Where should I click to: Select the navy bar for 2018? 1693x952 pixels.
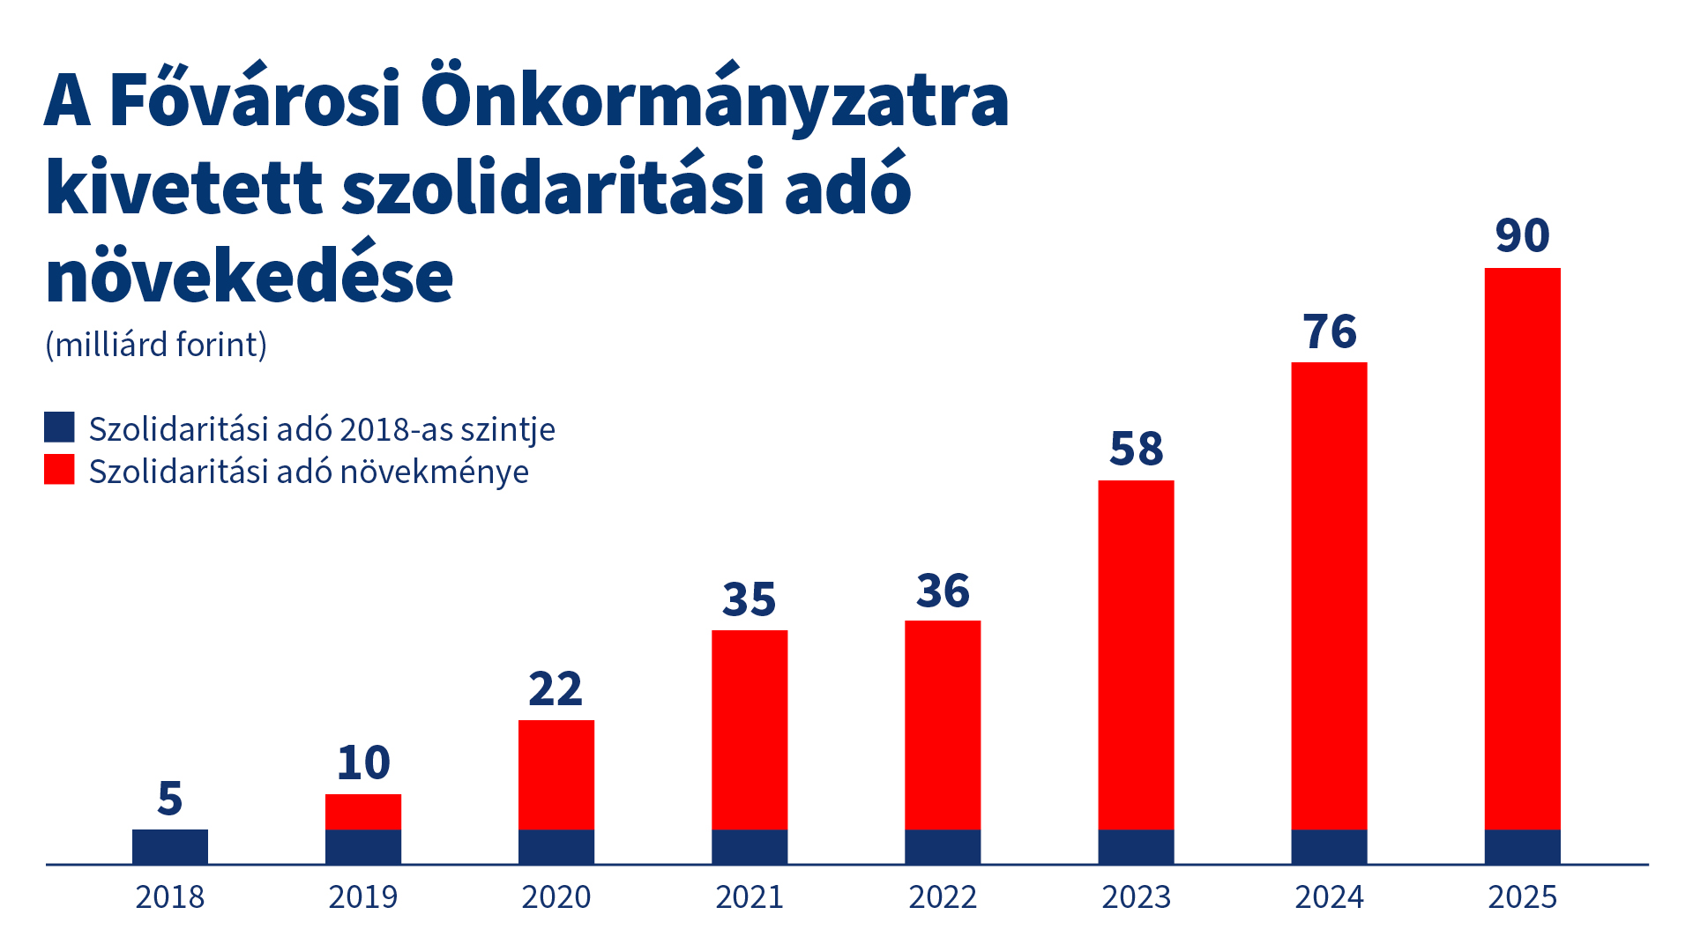click(170, 846)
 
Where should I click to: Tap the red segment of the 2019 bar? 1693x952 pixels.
click(363, 812)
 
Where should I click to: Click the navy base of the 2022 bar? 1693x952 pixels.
click(943, 846)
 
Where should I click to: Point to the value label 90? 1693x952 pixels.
click(1522, 235)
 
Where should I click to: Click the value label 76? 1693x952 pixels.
click(1330, 332)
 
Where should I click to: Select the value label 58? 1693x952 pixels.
click(1136, 449)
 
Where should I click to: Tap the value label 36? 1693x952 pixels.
click(943, 591)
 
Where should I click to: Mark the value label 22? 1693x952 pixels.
click(556, 689)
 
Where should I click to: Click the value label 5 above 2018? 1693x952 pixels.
click(170, 799)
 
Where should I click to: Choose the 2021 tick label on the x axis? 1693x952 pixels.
click(750, 897)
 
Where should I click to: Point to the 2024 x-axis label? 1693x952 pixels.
click(1330, 897)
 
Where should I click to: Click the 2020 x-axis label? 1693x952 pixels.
click(556, 897)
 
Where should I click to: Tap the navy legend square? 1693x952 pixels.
click(59, 428)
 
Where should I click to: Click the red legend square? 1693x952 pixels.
click(59, 469)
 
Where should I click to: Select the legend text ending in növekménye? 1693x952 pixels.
click(309, 472)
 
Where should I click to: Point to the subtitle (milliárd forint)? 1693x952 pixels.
click(156, 345)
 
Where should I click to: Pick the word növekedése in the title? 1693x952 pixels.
click(250, 276)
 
